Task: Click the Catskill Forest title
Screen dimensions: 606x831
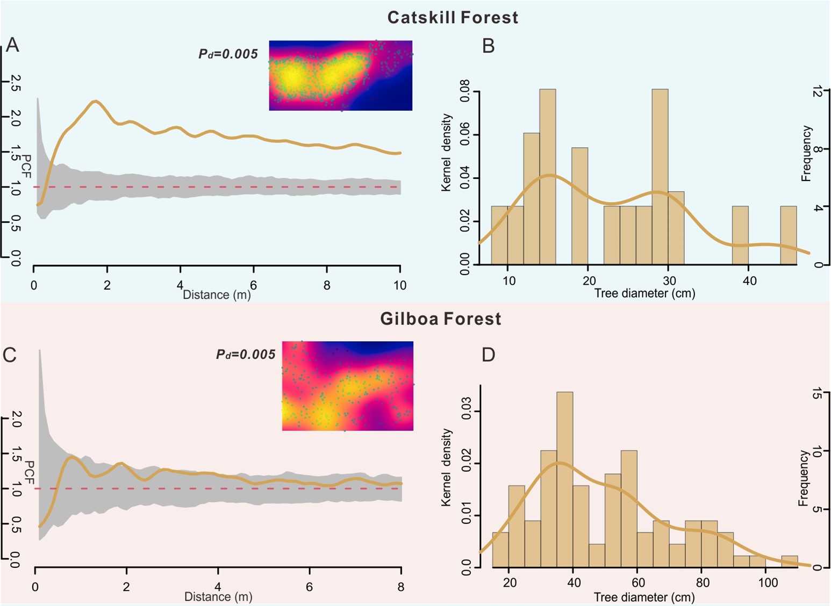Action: point(453,17)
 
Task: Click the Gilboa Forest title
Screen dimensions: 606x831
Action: point(441,319)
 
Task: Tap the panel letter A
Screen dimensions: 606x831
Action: point(12,45)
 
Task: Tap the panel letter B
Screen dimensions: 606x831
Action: point(488,46)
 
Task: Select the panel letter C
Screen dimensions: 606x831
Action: point(10,355)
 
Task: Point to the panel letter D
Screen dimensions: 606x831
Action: point(488,355)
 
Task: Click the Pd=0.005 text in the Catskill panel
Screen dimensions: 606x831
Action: point(228,54)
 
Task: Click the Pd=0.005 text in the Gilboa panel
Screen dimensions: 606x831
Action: point(246,355)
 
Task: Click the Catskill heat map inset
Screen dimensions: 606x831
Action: point(341,75)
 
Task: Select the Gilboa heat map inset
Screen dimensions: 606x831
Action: point(348,386)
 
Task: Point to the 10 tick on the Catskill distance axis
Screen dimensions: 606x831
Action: point(400,285)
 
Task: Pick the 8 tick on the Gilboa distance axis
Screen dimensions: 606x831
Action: point(401,587)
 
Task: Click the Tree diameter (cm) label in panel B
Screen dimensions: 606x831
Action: point(644,293)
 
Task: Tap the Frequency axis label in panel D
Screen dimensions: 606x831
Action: point(804,478)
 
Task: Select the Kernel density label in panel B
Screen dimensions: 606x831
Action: point(446,153)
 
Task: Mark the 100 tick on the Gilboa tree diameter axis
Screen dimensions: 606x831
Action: point(768,583)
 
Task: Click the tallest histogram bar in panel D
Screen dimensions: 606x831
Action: point(565,479)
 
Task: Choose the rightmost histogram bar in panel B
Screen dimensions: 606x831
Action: point(789,235)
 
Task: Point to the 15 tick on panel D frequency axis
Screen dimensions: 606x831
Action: point(817,394)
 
